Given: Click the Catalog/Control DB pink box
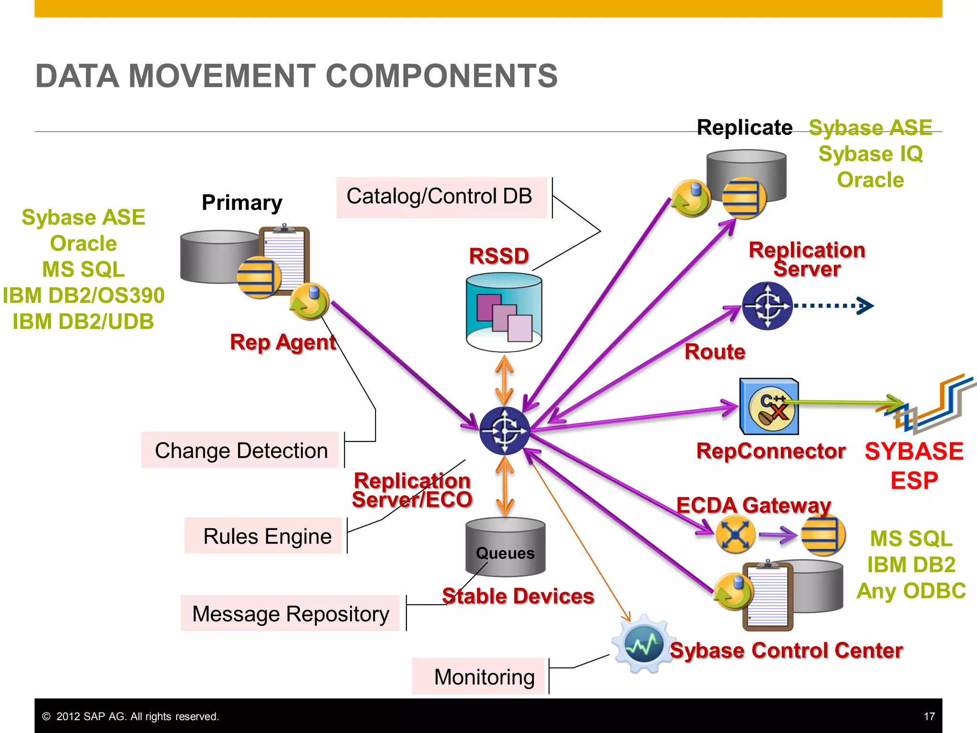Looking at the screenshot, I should pyautogui.click(x=441, y=197).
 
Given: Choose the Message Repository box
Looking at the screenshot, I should pyautogui.click(x=290, y=613).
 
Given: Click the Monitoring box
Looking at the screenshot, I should pyautogui.click(x=479, y=676).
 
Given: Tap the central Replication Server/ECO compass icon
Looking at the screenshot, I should pyautogui.click(x=504, y=431).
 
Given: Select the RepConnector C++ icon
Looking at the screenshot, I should pyautogui.click(x=769, y=407).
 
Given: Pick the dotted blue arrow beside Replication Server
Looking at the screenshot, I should pyautogui.click(x=832, y=305).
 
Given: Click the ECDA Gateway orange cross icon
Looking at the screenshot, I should pyautogui.click(x=735, y=534).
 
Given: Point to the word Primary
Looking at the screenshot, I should pyautogui.click(x=242, y=202).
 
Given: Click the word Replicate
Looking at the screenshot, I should pyautogui.click(x=744, y=127).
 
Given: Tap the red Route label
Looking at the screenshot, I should pyautogui.click(x=715, y=352).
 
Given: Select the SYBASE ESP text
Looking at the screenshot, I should pyautogui.click(x=914, y=465).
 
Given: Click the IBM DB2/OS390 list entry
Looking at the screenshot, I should pyautogui.click(x=83, y=295).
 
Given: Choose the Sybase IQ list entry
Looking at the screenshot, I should pyautogui.click(x=870, y=154).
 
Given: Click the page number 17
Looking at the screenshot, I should pyautogui.click(x=929, y=716).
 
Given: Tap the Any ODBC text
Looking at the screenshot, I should pyautogui.click(x=911, y=591).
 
